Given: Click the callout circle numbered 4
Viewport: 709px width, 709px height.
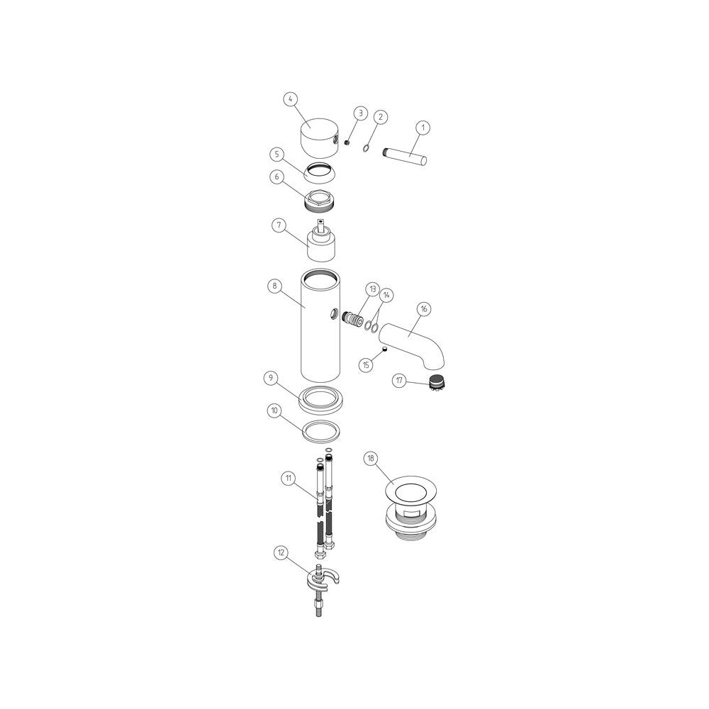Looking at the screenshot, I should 290,99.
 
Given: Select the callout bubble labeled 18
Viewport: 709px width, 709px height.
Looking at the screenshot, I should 370,459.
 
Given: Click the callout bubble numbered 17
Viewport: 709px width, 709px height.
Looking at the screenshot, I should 401,381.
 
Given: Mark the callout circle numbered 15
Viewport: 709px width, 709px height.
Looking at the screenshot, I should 367,365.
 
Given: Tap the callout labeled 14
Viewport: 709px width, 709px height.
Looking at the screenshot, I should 386,294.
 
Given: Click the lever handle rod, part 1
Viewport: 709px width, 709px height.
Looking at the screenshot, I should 406,155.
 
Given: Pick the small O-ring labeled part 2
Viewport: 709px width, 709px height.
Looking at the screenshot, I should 365,148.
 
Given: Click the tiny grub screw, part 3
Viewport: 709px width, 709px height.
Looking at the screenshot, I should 347,142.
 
